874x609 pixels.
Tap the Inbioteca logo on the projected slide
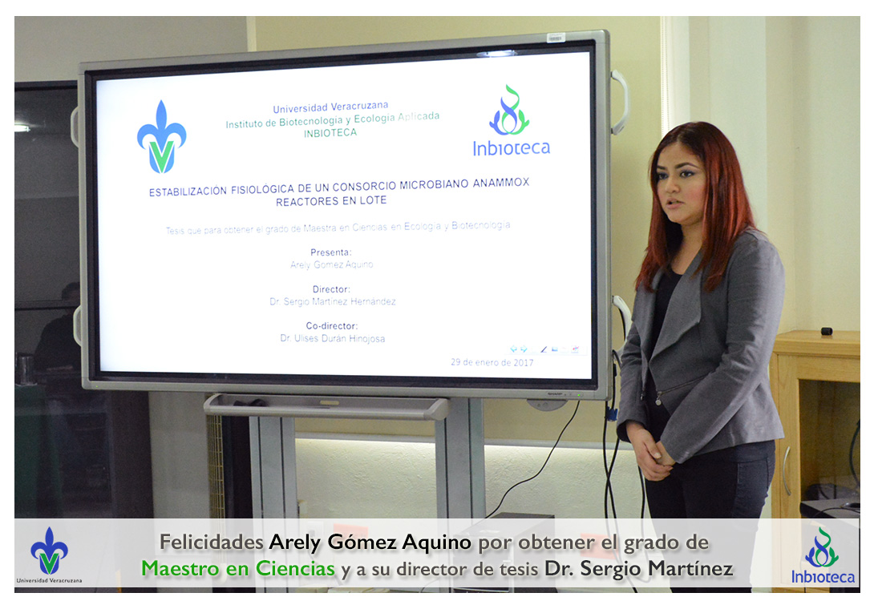(511, 120)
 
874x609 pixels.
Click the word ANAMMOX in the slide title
(501, 182)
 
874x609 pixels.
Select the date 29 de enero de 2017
(492, 362)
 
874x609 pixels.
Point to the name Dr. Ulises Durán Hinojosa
(332, 338)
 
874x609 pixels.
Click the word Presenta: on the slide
(331, 252)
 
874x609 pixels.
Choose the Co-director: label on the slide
(332, 326)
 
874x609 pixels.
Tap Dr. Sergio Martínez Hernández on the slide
(333, 301)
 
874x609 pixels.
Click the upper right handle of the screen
(621, 102)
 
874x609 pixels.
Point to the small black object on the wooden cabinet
(827, 331)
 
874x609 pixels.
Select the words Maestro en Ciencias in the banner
(238, 568)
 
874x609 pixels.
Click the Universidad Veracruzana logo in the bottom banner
(49, 555)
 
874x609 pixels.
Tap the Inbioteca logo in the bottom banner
(823, 555)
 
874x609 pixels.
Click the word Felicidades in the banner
(211, 542)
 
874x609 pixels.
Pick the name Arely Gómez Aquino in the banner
(370, 542)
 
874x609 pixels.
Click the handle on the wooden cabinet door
(785, 470)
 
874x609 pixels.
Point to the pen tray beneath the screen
(326, 405)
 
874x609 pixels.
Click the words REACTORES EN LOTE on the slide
(331, 200)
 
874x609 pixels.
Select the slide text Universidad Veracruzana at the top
(330, 107)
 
